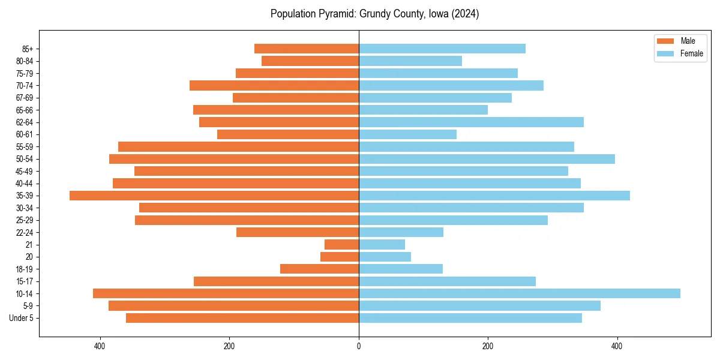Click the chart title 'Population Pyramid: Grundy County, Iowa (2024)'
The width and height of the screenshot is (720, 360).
pos(374,14)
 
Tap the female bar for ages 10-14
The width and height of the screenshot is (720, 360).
pos(519,293)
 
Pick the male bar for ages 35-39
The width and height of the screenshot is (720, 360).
pos(214,196)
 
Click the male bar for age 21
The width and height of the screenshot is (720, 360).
pos(341,245)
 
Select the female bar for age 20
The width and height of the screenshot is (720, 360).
pos(385,257)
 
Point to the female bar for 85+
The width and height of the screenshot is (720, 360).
pos(442,49)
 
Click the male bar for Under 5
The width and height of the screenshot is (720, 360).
pos(242,318)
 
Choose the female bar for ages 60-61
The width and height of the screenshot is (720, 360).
pos(407,134)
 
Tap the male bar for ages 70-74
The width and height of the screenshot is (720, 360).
pos(274,85)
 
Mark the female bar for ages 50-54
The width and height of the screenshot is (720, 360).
pos(487,159)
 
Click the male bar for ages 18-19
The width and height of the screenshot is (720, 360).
pos(319,269)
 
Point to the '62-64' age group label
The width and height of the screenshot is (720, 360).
pos(25,122)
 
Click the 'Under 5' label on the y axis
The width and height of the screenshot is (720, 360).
pos(22,318)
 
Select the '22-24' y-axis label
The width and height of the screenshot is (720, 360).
pos(25,232)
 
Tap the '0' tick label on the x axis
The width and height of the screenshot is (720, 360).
pos(359,346)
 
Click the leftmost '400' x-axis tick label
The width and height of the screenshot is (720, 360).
pos(100,346)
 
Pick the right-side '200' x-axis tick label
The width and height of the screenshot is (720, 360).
pos(488,346)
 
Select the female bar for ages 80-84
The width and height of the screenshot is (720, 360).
pos(410,61)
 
